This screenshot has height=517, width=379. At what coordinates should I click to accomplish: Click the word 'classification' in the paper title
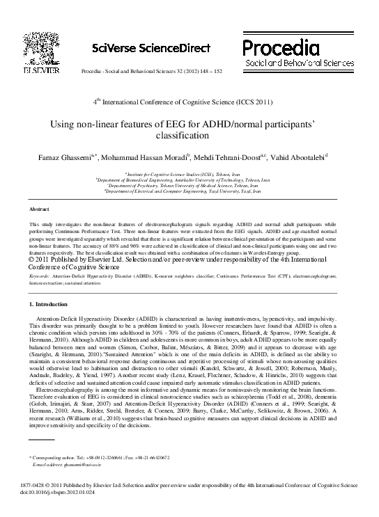tap(189, 138)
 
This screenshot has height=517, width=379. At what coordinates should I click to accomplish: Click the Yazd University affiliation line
tap(189, 190)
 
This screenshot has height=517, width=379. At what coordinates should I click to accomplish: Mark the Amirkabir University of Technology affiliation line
tap(189, 179)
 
